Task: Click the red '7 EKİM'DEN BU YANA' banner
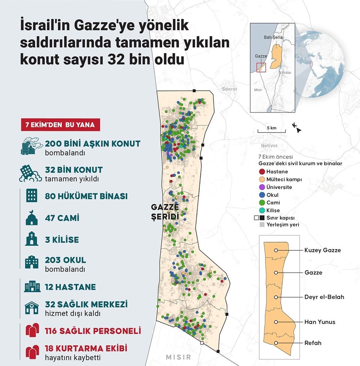(x=60, y=125)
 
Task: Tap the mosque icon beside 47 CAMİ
(x=32, y=218)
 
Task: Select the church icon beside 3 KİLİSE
(x=32, y=240)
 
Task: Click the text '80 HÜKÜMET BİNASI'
(x=86, y=197)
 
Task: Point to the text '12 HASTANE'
(x=70, y=287)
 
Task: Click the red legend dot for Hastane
(x=262, y=171)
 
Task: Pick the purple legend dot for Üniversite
(x=262, y=187)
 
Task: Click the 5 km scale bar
(x=271, y=131)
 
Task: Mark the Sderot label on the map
(x=229, y=89)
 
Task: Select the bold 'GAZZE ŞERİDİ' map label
(x=165, y=212)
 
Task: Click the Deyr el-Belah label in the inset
(x=324, y=297)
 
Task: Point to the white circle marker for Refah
(x=276, y=343)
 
